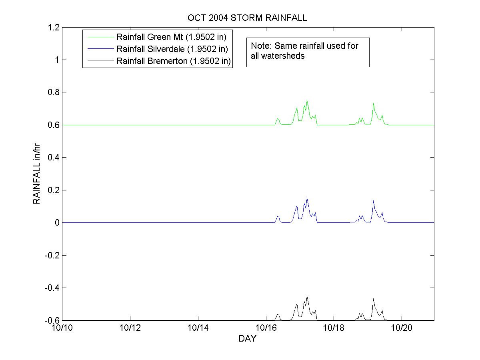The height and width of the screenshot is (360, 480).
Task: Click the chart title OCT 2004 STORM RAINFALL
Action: coord(247,18)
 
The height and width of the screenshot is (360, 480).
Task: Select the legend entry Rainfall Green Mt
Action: coord(172,38)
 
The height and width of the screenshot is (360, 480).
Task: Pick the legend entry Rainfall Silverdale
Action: coord(172,49)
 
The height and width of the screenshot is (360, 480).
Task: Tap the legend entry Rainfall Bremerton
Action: coord(174,61)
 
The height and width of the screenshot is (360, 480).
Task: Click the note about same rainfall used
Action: coord(305,51)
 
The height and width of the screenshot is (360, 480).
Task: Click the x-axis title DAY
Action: coord(247,339)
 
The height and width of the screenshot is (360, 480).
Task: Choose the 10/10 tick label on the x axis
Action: coord(60,328)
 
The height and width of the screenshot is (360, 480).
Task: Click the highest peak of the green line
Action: coord(307,100)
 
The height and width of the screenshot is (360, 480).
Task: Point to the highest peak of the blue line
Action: coord(307,198)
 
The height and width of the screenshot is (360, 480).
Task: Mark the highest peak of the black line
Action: coord(307,296)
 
